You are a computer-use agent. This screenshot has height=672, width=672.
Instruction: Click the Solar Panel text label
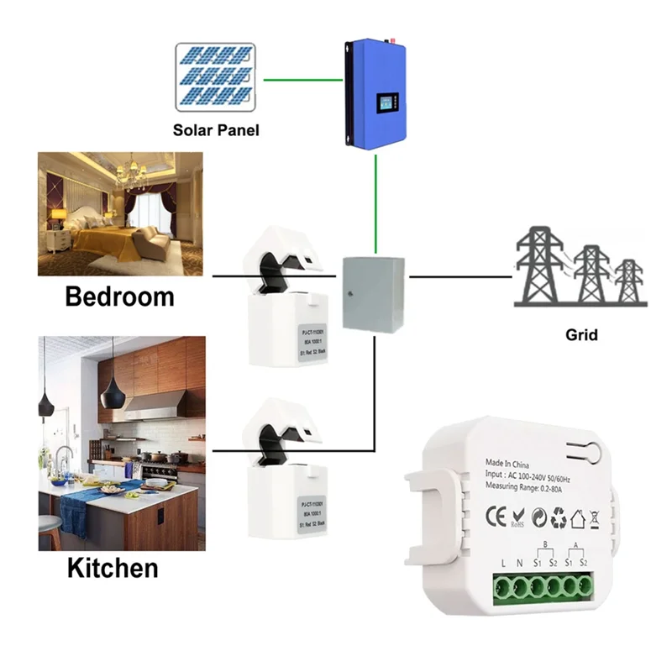(215, 130)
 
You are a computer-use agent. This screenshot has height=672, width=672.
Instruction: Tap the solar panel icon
(216, 78)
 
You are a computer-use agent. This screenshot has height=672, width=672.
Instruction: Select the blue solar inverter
(375, 93)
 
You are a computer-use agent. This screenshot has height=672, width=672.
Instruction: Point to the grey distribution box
(373, 293)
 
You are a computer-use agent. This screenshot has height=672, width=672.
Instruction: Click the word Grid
(581, 334)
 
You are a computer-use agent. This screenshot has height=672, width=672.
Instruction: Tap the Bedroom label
(119, 297)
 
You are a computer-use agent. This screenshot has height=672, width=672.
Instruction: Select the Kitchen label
(113, 567)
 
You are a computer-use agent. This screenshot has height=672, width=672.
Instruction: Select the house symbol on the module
(577, 517)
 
